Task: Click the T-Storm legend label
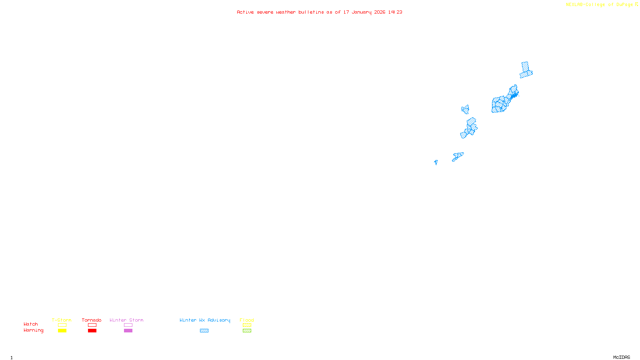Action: coord(62,320)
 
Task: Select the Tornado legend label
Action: coord(92,320)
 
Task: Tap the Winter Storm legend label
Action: coord(126,320)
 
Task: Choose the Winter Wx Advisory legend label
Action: coord(205,320)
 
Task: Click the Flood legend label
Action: coord(247,320)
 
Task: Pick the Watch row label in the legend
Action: coord(31,324)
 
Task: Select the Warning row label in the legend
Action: coord(33,330)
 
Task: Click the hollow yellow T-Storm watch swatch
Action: coord(62,325)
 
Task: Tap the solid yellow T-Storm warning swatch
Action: coord(62,331)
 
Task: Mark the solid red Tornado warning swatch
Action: coord(92,331)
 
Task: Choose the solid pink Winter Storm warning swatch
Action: coord(128,331)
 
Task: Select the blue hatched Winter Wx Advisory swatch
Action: coord(204,331)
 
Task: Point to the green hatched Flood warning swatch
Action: coord(247,331)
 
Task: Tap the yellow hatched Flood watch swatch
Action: coord(247,325)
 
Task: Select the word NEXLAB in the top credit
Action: coord(574,4)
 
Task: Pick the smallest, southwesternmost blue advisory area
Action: coord(436,162)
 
